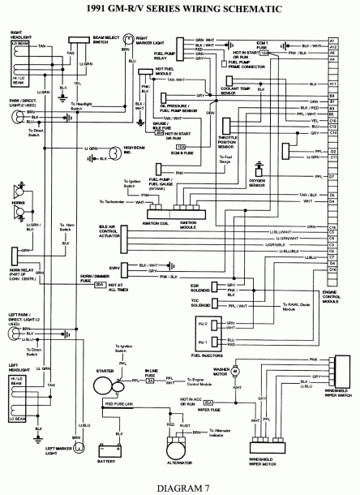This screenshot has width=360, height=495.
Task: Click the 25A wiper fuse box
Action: (x=208, y=402)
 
